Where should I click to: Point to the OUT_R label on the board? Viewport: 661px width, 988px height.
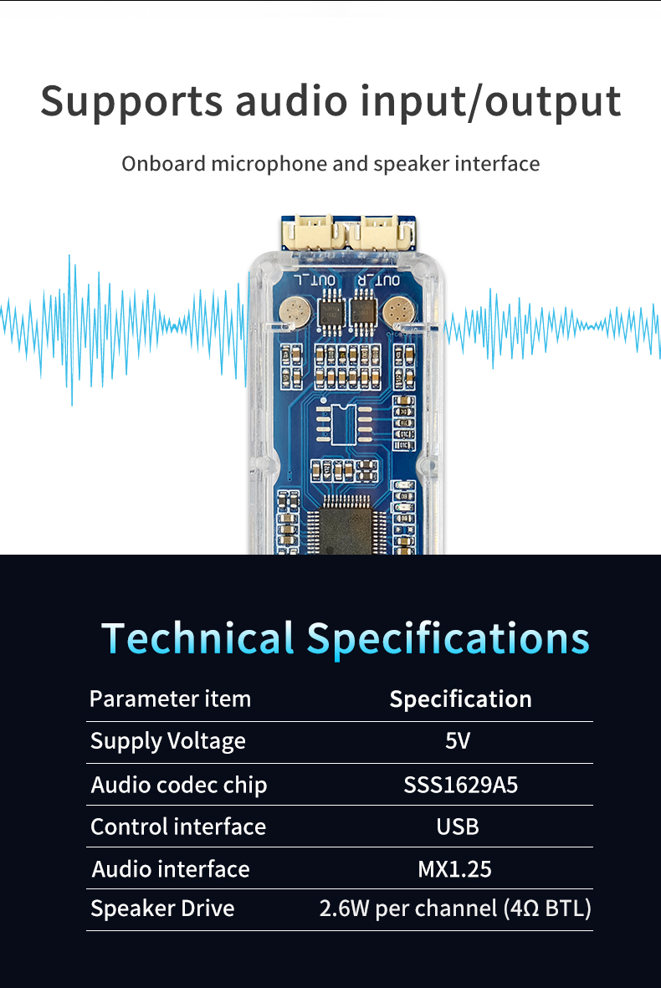[x=382, y=280]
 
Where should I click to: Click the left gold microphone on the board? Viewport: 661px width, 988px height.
[x=296, y=313]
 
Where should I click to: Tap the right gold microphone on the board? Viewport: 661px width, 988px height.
[x=398, y=313]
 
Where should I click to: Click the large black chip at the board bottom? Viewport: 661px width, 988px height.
[x=346, y=527]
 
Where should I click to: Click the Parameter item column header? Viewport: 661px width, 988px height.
[x=170, y=699]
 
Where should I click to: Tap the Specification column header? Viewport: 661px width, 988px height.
[x=460, y=699]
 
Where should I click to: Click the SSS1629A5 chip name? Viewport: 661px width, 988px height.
[x=460, y=786]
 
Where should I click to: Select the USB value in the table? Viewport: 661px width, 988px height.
[x=458, y=827]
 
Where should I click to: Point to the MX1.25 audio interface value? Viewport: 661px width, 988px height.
[x=454, y=869]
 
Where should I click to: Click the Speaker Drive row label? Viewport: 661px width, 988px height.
[x=162, y=909]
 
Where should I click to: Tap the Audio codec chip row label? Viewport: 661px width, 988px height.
[x=179, y=786]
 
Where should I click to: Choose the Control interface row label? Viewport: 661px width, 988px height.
[x=178, y=827]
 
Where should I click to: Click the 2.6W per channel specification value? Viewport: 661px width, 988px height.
[x=455, y=909]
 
